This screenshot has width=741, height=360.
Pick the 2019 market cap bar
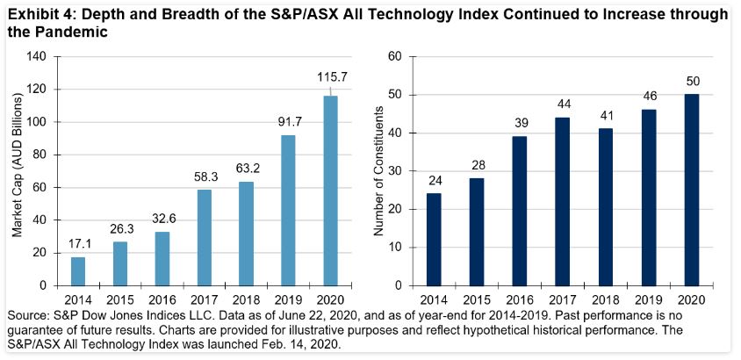(288, 210)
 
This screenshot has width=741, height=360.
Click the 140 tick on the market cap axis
(36, 57)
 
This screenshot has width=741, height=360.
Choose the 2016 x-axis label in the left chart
(162, 298)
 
